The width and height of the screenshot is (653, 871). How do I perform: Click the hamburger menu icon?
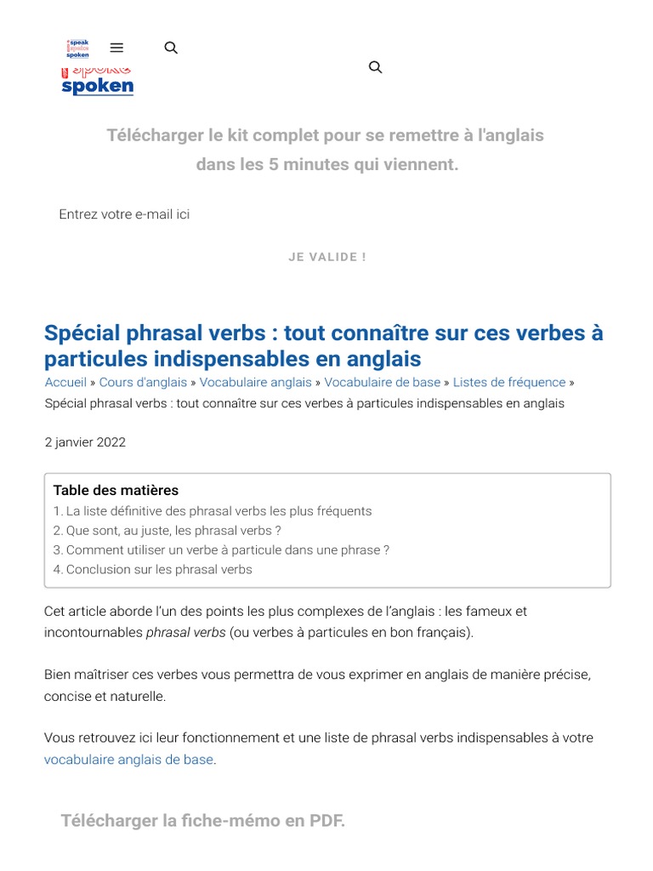[117, 48]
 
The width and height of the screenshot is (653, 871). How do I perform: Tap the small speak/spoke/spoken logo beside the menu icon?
[77, 48]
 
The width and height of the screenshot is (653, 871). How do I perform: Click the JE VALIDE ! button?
[327, 257]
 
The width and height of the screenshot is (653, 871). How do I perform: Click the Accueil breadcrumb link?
[65, 383]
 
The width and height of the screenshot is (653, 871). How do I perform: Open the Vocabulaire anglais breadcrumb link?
[255, 383]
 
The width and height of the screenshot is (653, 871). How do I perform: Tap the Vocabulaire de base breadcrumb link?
[382, 383]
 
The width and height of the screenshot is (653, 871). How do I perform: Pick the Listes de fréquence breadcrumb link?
[508, 383]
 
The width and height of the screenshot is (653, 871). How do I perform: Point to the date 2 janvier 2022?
[85, 442]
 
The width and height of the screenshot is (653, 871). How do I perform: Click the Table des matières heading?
[116, 491]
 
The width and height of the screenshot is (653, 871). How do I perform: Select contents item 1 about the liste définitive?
[213, 511]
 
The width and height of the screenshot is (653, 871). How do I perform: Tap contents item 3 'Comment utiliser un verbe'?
[221, 550]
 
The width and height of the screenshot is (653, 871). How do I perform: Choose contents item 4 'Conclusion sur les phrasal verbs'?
[153, 570]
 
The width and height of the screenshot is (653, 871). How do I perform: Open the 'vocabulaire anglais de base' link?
[128, 760]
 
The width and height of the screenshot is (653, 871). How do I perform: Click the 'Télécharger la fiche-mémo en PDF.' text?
[202, 821]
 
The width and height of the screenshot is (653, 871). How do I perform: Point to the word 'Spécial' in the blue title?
[82, 333]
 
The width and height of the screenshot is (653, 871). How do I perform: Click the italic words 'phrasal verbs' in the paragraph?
[185, 633]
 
